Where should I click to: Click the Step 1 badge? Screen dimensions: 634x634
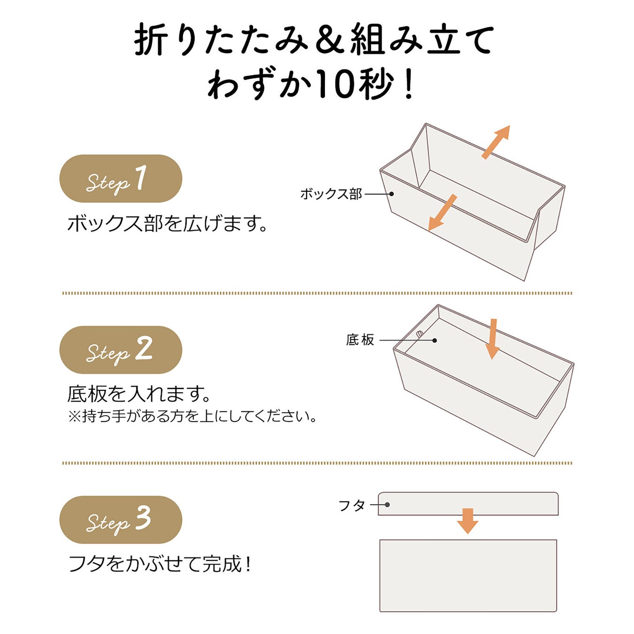121,178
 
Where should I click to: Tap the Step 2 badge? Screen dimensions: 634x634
121,350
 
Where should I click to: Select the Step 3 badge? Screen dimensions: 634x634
121,520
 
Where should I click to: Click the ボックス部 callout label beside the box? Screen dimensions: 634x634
331,194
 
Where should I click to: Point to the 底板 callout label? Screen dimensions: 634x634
360,340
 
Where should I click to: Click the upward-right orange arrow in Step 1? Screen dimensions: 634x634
496,142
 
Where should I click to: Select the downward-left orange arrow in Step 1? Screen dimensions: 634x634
442,213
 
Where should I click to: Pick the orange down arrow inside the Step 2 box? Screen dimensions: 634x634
493,339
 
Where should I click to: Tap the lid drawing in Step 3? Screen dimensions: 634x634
468,504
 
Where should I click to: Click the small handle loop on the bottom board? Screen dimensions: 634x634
419,334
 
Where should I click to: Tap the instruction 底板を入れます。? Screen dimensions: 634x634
139,394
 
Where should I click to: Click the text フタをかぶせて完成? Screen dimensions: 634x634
160,564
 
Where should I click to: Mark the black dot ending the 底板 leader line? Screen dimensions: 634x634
434,340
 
